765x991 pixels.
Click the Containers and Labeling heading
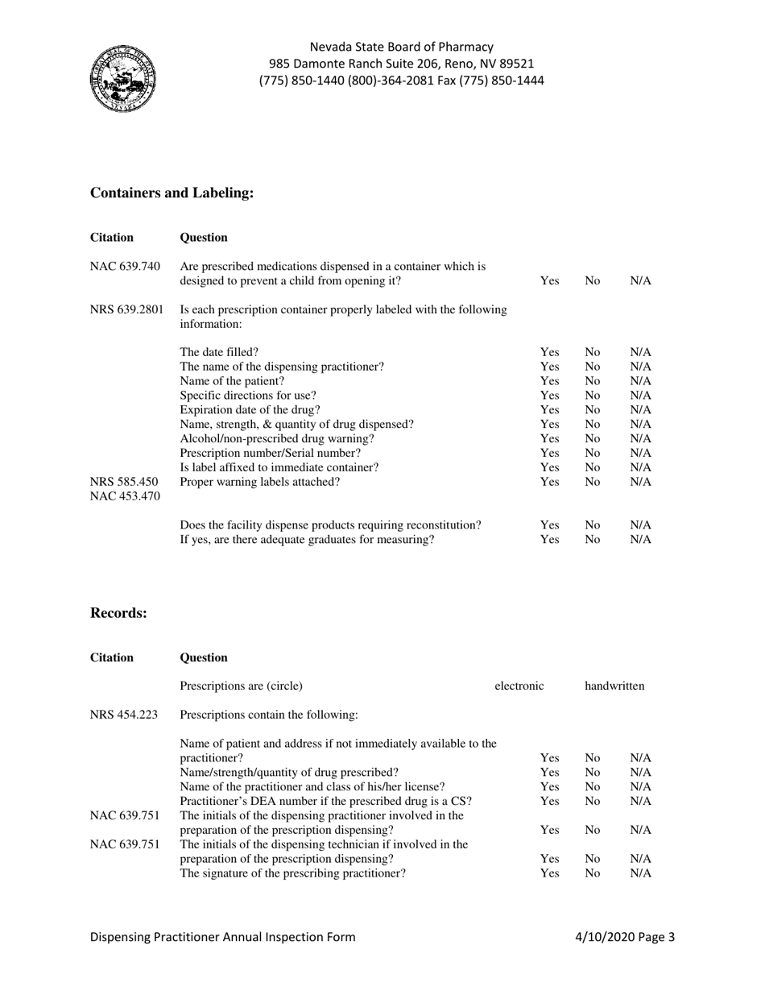(x=172, y=193)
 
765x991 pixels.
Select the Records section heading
(x=118, y=613)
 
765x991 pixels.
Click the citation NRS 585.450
(x=125, y=482)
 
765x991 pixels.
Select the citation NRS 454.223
(x=124, y=714)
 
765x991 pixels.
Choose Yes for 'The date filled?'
(x=549, y=352)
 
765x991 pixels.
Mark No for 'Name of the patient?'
(x=593, y=381)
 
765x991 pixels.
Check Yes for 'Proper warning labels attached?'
(x=549, y=482)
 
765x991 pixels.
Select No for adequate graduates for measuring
(x=593, y=540)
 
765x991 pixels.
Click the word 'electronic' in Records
(x=519, y=686)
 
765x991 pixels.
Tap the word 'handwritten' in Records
(x=614, y=686)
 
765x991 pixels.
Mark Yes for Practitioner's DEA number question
(x=549, y=801)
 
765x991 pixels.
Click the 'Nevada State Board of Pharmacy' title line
(x=401, y=47)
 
